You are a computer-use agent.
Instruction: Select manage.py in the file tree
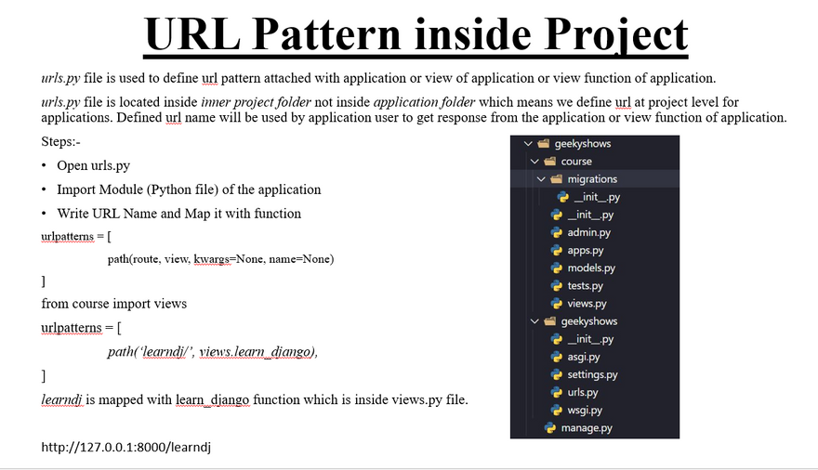pos(587,428)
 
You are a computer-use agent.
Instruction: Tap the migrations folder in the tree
pos(592,179)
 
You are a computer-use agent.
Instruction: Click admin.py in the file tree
pos(588,232)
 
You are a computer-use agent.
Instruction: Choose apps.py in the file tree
pos(586,250)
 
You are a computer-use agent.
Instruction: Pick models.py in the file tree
pos(591,268)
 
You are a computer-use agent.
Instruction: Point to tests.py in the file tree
pos(585,285)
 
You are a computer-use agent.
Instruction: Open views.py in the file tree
pos(587,303)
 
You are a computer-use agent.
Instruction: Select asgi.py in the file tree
pos(583,357)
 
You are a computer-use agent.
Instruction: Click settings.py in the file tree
pos(592,374)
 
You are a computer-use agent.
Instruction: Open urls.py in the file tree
pos(583,392)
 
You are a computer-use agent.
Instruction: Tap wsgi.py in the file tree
pos(585,410)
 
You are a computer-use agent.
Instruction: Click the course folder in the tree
pos(576,162)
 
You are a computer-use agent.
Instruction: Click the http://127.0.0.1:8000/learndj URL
pos(126,447)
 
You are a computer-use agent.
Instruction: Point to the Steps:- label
pos(60,142)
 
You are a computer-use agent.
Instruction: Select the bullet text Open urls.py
pos(93,165)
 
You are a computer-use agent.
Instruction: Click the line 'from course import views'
pos(113,304)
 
